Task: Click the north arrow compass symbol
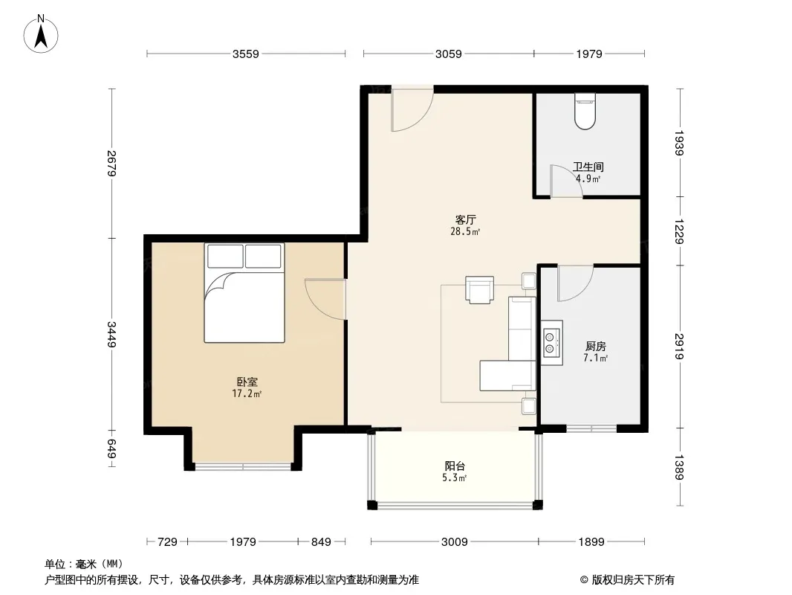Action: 41,34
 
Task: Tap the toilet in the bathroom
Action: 585,112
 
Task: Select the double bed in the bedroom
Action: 244,293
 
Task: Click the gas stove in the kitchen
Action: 551,342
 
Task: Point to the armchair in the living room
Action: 479,289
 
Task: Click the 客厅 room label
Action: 465,220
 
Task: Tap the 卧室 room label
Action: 247,382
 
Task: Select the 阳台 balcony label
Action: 455,466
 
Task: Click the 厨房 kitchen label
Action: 596,347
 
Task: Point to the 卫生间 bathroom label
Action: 588,167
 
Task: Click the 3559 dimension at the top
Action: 245,54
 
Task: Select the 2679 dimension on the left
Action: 111,164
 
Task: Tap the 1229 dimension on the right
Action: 679,231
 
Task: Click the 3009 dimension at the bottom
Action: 455,542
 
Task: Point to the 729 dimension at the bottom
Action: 167,542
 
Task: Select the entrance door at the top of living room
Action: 412,109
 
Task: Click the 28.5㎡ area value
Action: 465,231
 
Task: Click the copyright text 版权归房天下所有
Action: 633,580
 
